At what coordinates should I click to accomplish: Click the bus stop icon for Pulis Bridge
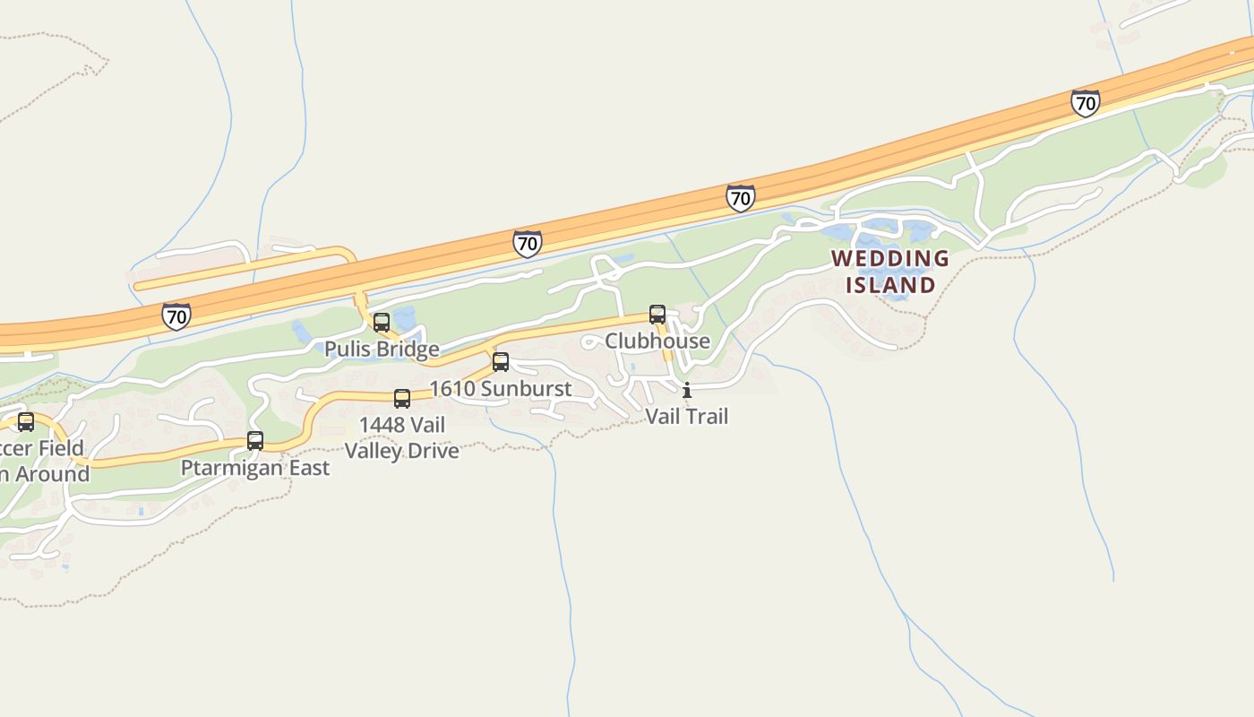(382, 323)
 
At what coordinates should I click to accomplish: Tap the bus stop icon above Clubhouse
(657, 315)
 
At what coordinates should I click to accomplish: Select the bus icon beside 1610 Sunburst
(501, 362)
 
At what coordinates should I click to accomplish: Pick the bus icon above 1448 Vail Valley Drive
(402, 399)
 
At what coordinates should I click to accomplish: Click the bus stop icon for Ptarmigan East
(255, 441)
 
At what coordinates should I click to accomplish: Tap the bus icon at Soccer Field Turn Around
(26, 422)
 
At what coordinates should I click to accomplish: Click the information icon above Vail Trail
(687, 391)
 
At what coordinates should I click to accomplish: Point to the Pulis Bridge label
(382, 349)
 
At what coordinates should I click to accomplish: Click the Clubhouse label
(657, 341)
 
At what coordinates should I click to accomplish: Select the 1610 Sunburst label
(501, 388)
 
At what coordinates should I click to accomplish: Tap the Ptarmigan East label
(255, 467)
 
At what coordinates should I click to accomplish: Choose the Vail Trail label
(687, 416)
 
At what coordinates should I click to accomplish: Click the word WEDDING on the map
(889, 259)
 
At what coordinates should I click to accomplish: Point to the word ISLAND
(890, 285)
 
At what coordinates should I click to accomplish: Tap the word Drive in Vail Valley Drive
(434, 450)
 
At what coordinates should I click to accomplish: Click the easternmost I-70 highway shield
(1085, 103)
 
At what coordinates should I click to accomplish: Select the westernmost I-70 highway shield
(176, 315)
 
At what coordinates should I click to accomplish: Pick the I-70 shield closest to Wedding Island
(740, 198)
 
